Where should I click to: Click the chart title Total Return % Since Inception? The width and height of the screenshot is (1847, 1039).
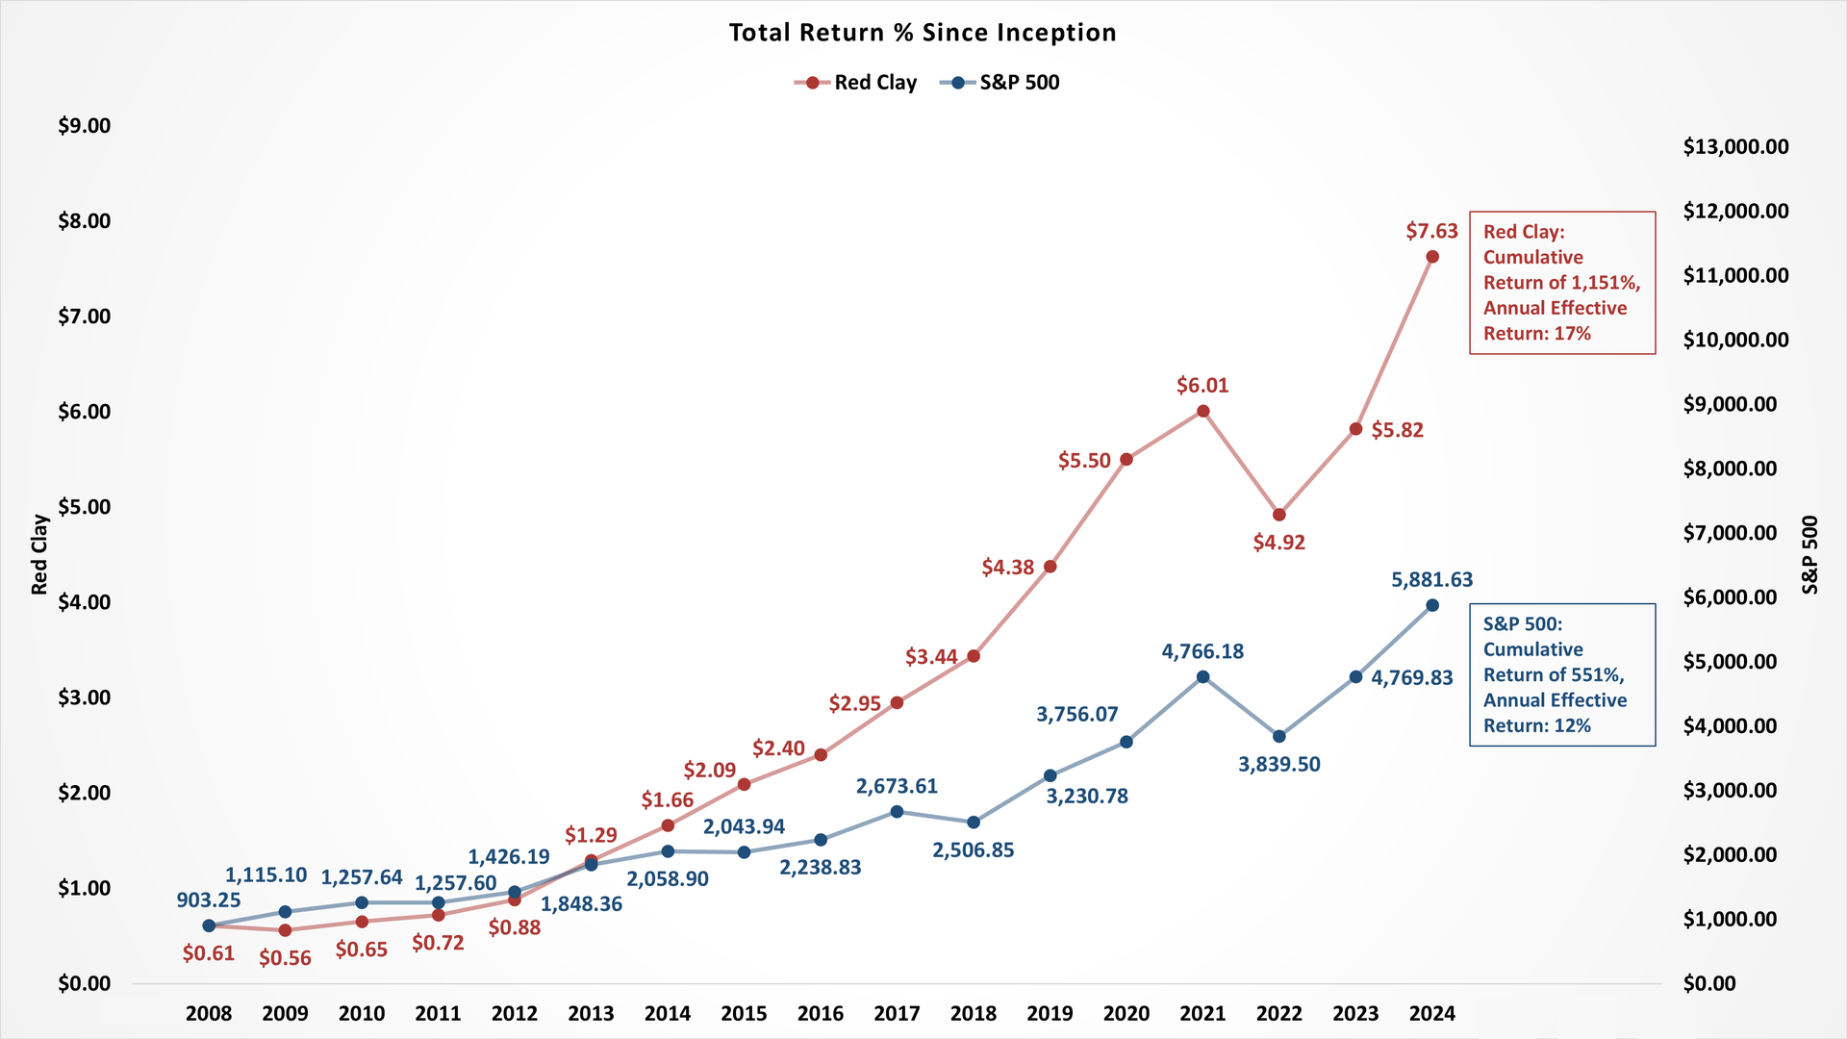tap(923, 33)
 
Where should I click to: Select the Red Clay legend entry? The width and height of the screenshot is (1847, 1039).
tap(874, 83)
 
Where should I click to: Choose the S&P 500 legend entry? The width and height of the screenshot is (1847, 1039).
tap(1019, 83)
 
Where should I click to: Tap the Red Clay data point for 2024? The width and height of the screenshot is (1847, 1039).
tap(1432, 257)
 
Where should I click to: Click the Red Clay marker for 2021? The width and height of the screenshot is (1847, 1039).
tap(1202, 411)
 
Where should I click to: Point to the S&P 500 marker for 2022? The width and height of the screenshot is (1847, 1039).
tap(1279, 736)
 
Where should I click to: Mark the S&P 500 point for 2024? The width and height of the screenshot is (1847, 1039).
tap(1432, 605)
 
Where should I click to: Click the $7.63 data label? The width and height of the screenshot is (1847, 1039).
tap(1431, 231)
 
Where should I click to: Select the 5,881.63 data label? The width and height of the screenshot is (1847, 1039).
tap(1431, 579)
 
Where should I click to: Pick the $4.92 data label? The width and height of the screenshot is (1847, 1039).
tap(1279, 543)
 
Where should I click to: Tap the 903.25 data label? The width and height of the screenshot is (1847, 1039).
tap(209, 900)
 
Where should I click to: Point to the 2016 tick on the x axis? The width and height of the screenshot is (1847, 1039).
tap(821, 1013)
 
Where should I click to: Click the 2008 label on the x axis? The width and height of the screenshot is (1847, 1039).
tap(209, 1013)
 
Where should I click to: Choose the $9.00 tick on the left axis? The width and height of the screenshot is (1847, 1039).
tap(85, 126)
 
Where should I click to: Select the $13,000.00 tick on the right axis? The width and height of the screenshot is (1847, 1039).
tap(1735, 147)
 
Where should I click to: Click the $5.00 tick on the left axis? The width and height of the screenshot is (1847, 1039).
tap(85, 507)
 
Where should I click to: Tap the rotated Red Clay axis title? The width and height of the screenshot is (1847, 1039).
tap(39, 554)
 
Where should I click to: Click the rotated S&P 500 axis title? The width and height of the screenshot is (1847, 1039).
tap(1810, 554)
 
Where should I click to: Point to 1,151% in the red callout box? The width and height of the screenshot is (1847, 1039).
tap(1604, 283)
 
